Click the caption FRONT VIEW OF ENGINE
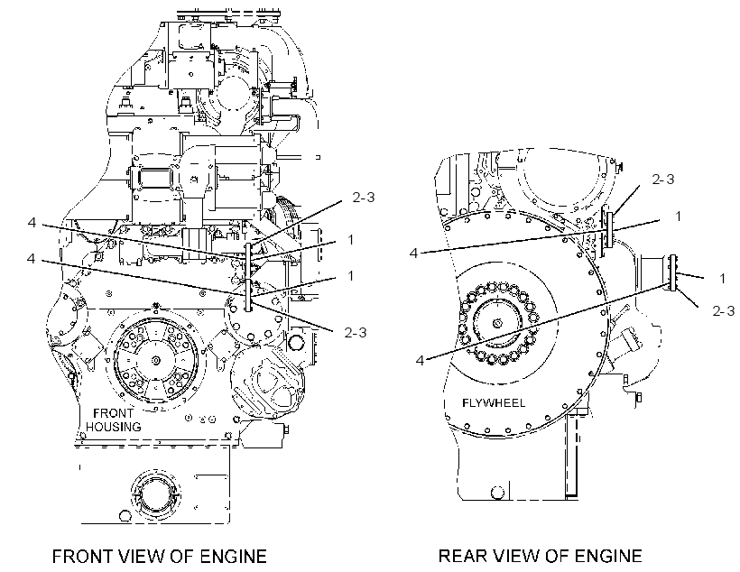click(x=160, y=556)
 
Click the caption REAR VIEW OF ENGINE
click(x=541, y=556)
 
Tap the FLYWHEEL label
click(x=493, y=403)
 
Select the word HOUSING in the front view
click(x=114, y=427)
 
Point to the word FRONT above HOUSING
click(x=114, y=413)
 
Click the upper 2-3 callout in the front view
click(x=364, y=198)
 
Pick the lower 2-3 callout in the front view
click(x=356, y=333)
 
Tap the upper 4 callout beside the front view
click(x=32, y=222)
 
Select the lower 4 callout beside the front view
click(x=32, y=259)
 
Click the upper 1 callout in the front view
click(x=351, y=240)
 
